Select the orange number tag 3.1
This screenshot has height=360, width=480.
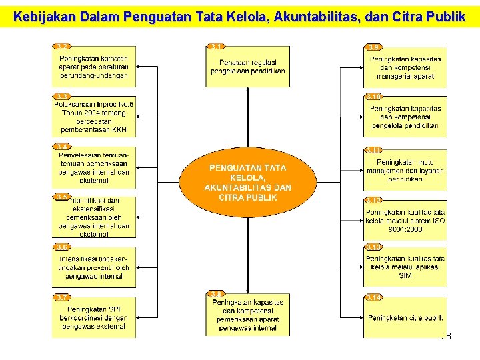pyautogui.click(x=216, y=47)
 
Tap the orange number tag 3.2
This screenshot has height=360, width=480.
pyautogui.click(x=62, y=47)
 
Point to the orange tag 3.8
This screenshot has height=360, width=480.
pyautogui.click(x=216, y=293)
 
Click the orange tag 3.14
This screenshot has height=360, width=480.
pyautogui.click(x=373, y=297)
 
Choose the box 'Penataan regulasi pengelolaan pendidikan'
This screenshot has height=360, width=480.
pyautogui.click(x=247, y=67)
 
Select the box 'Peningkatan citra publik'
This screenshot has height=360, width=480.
pyautogui.click(x=405, y=318)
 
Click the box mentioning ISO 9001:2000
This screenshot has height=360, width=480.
pyautogui.click(x=405, y=221)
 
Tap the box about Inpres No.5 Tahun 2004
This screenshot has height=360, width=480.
pyautogui.click(x=94, y=117)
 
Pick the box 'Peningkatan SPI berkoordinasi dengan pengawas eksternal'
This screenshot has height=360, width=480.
pyautogui.click(x=94, y=317)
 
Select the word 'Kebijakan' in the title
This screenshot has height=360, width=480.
pyautogui.click(x=43, y=17)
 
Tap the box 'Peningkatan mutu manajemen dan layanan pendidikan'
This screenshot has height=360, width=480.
pyautogui.click(x=405, y=171)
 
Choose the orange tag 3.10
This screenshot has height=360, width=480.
pyautogui.click(x=374, y=97)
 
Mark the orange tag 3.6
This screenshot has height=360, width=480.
pyautogui.click(x=62, y=247)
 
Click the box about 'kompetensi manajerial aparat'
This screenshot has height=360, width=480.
pyautogui.click(x=405, y=67)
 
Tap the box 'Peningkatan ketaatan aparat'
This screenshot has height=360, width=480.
pyautogui.click(x=94, y=67)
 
